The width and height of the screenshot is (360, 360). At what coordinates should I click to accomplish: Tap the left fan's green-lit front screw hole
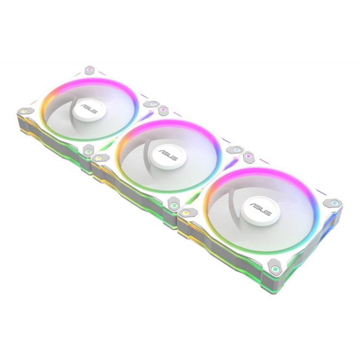[88, 152]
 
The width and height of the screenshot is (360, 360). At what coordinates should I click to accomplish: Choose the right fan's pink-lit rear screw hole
[250, 156]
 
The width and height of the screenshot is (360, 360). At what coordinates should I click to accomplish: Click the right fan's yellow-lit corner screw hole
[186, 211]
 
